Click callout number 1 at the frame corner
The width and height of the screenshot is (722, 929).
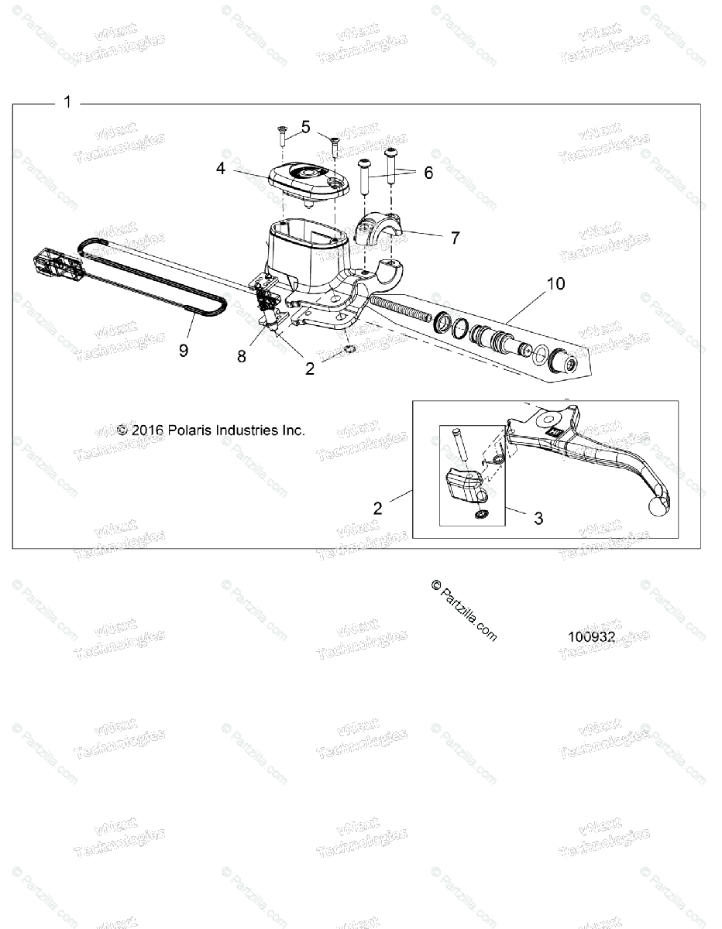coord(67,101)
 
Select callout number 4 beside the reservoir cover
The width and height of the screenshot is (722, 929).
coord(222,167)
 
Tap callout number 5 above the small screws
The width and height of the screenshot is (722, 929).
coord(306,127)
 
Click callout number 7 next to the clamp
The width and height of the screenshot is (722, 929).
coord(455,238)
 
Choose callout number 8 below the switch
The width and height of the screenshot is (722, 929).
coord(242,356)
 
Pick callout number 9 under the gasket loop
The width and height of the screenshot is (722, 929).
coord(184,350)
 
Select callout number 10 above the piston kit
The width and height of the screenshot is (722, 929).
coord(555,283)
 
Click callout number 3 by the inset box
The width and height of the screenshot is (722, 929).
coord(538,518)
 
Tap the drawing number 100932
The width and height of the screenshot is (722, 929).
coord(591,638)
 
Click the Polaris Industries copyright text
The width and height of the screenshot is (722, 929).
coord(211,430)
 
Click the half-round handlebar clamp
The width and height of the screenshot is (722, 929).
coord(380,230)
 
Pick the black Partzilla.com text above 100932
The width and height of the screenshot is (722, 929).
coord(463,611)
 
